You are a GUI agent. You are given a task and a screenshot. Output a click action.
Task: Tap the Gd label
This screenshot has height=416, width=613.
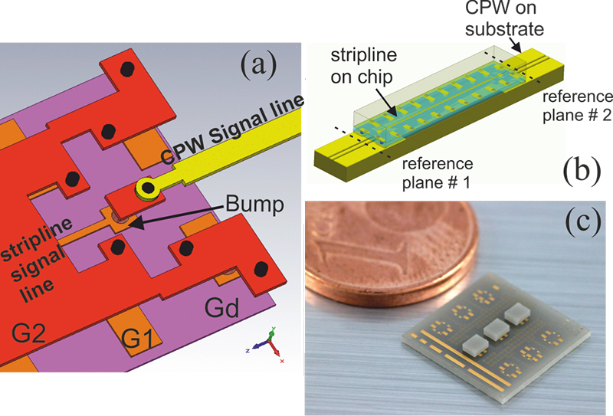(x=223, y=310)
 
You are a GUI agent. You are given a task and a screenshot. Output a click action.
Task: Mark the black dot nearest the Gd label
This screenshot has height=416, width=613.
(x=261, y=269)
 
